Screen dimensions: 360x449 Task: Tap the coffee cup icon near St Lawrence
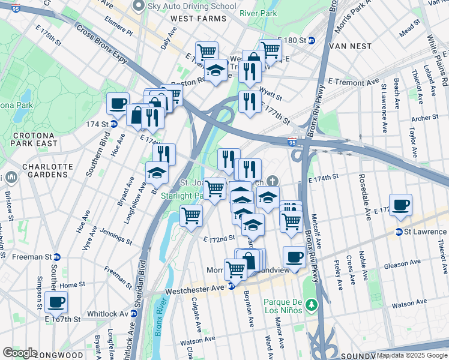(401, 205)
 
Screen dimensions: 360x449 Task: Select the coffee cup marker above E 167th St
(56, 302)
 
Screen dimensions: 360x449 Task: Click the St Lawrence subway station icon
(399, 232)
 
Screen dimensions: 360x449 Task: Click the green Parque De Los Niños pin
(311, 305)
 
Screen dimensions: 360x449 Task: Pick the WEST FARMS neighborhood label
(199, 19)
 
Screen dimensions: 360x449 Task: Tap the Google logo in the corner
(20, 353)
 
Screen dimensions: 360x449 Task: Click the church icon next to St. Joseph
(273, 181)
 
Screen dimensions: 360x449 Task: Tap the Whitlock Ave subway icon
(132, 314)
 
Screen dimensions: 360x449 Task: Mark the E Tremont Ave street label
(354, 82)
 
